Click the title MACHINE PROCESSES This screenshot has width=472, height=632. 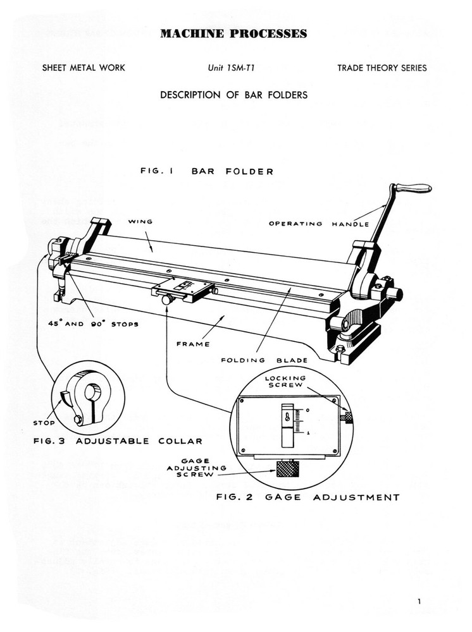pyautogui.click(x=233, y=34)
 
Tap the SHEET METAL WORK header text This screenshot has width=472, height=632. pyautogui.click(x=84, y=68)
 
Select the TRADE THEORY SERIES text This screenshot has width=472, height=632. pyautogui.click(x=382, y=68)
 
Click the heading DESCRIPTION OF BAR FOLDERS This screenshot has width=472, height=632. pyautogui.click(x=233, y=95)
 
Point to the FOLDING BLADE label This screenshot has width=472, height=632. pyautogui.click(x=264, y=361)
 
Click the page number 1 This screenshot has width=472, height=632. pyautogui.click(x=419, y=602)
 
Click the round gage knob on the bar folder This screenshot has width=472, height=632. pyautogui.click(x=168, y=301)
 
